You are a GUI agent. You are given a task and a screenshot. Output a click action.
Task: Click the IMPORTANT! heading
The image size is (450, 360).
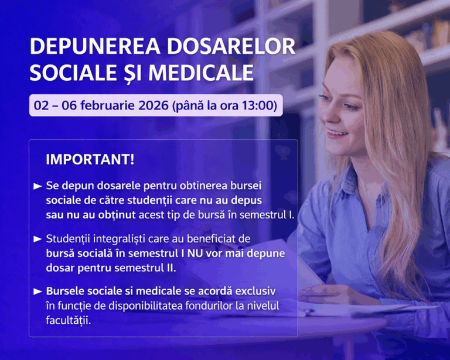90,159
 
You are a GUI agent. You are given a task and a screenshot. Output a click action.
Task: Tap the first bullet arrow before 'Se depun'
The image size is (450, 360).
38,186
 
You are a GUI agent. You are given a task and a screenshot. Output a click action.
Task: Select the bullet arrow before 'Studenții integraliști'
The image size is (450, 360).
38,239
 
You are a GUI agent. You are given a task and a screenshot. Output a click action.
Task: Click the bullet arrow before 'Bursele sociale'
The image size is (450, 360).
38,292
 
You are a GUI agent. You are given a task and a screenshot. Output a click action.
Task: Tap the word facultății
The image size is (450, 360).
69,320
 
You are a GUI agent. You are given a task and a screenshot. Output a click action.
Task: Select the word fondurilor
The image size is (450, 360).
207,306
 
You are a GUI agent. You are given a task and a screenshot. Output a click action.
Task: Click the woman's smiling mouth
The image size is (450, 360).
336,133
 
